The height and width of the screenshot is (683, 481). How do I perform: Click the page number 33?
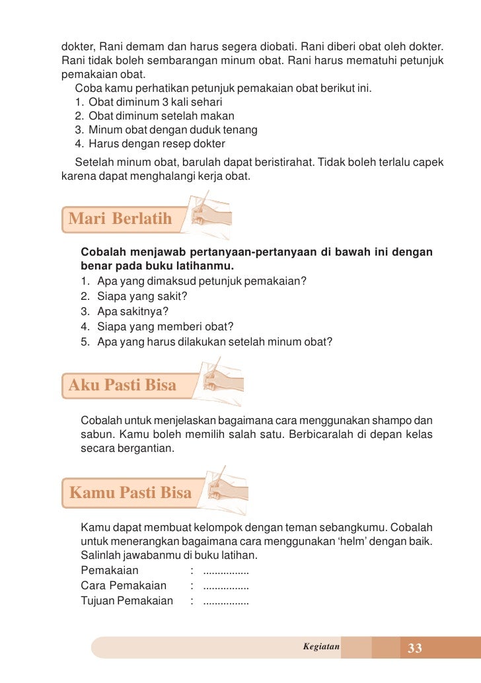pos(415,648)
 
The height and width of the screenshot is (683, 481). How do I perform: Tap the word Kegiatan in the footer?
pos(320,647)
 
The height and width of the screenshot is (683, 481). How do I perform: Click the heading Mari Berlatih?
pos(120,219)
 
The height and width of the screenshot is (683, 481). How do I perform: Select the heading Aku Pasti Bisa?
pos(123,385)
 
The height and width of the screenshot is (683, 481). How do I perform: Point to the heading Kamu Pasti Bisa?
pos(131,492)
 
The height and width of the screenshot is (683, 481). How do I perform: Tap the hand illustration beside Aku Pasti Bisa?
pos(221,379)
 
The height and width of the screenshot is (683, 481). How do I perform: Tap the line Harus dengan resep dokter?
pos(157,144)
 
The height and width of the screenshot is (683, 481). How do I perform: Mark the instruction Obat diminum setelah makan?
pos(161,116)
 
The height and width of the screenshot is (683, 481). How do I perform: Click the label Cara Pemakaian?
pos(124,585)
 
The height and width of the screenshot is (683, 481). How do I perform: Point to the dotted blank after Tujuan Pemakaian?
pos(226,601)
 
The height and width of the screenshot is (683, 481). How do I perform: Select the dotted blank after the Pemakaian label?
pos(226,571)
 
